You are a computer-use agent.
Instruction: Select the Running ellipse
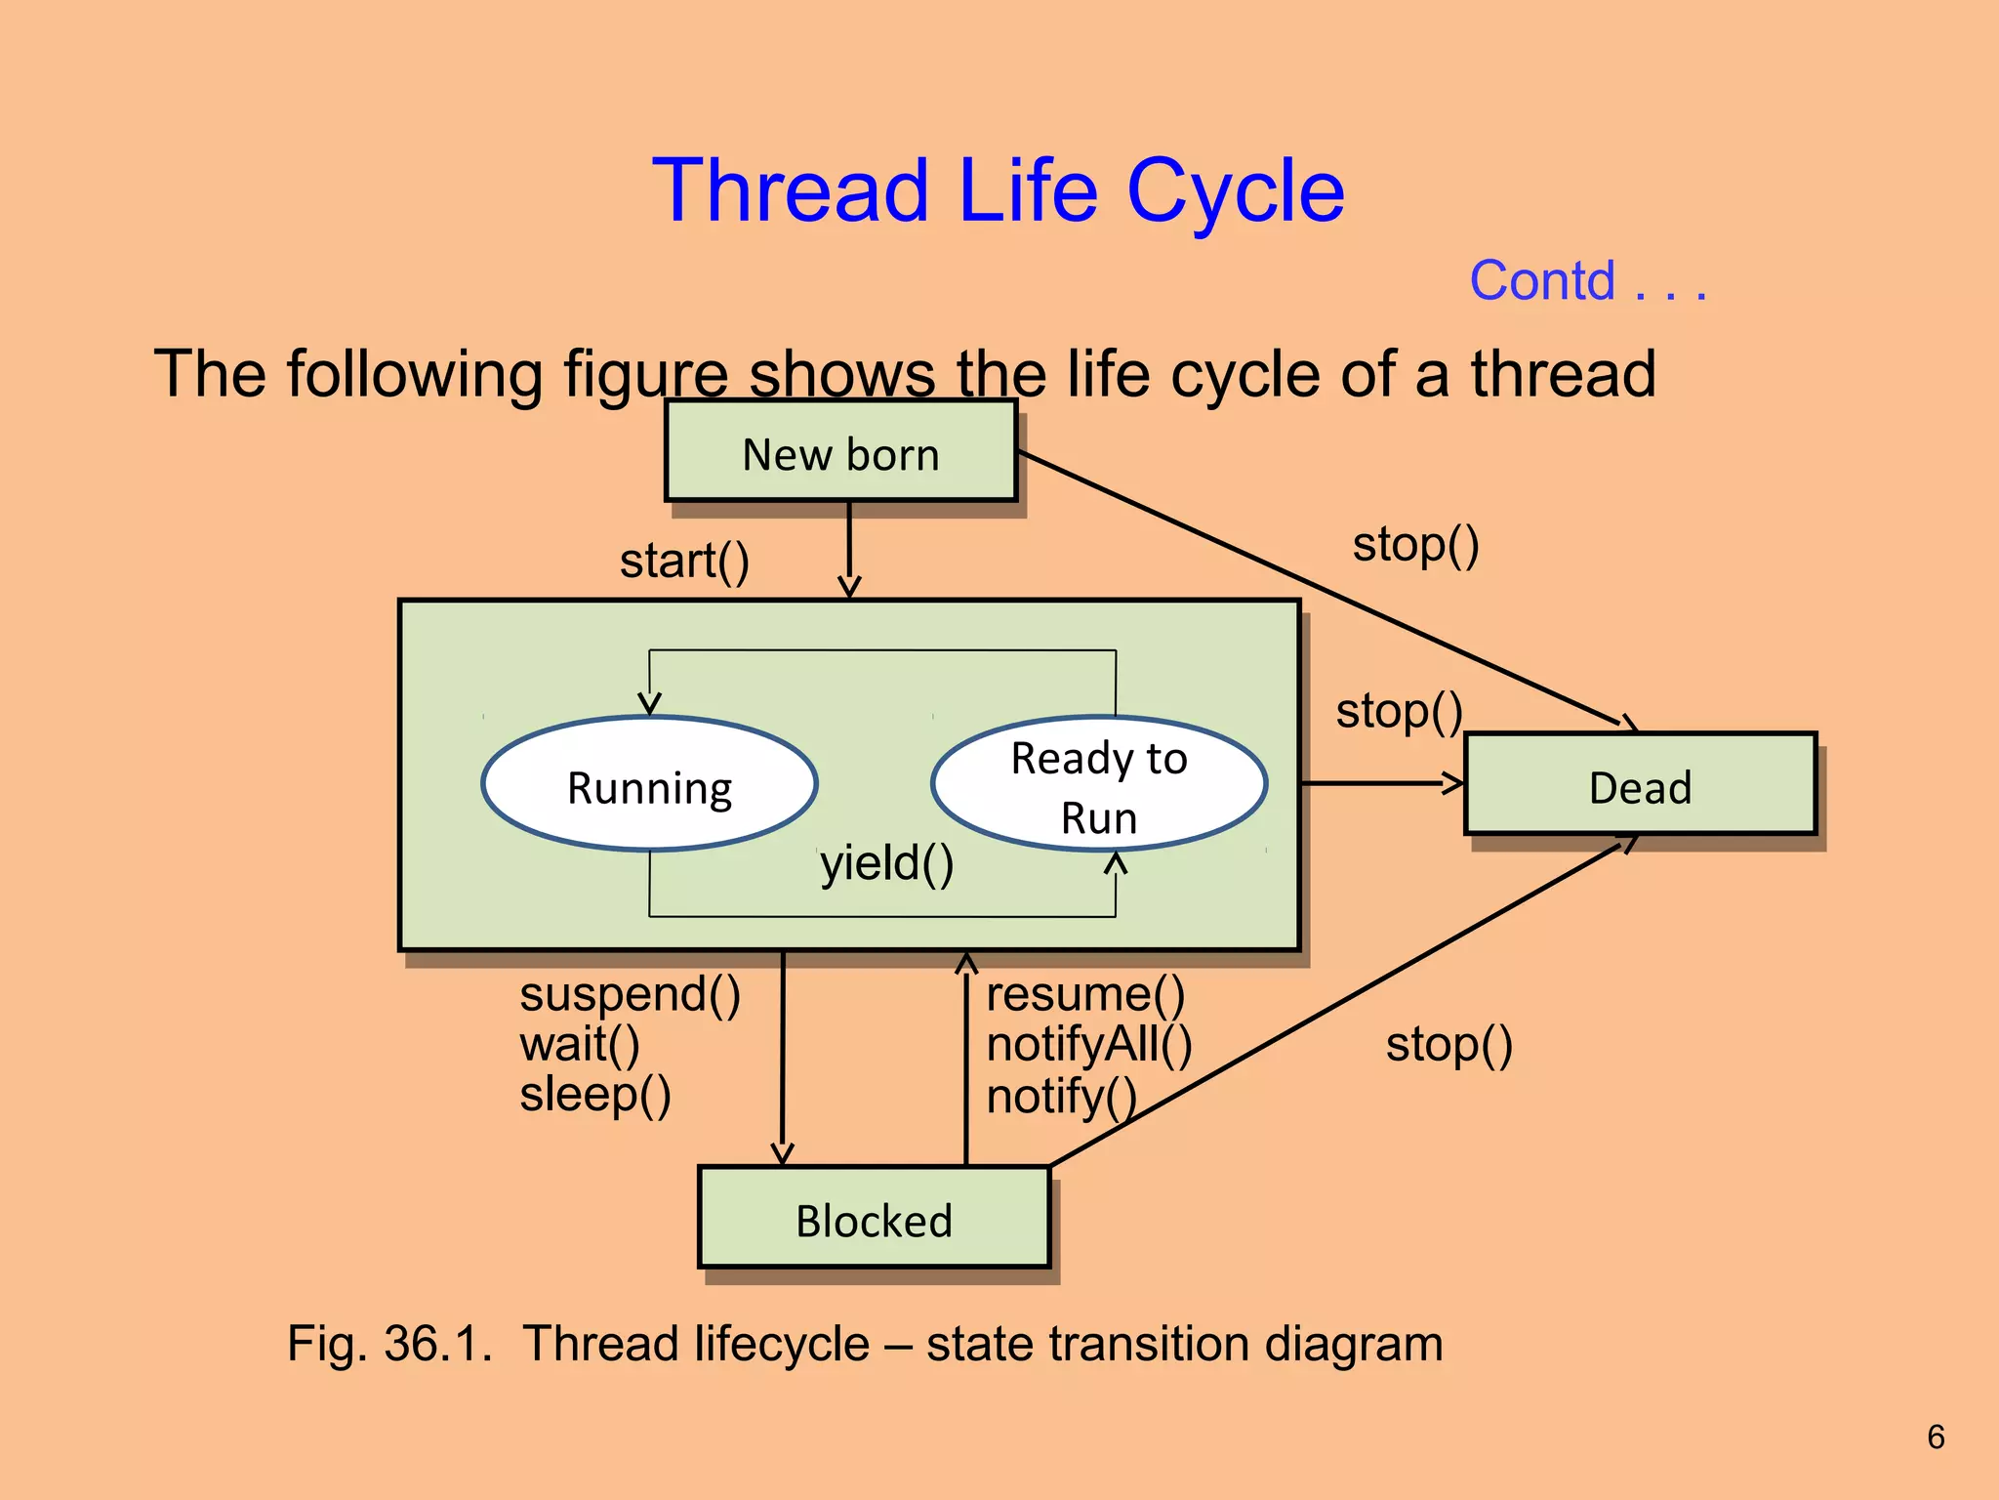coord(649,785)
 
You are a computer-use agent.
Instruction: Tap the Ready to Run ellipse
coord(1099,785)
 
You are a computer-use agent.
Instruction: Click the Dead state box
coord(1640,785)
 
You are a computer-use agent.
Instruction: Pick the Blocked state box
coord(874,1219)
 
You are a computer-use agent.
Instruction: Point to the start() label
coord(684,561)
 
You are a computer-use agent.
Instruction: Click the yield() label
coord(886,863)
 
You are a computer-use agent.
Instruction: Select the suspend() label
coord(630,994)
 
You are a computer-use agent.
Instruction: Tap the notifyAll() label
coord(1089,1045)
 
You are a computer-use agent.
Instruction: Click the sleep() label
coord(595,1094)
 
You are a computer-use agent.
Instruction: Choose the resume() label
coord(1085,994)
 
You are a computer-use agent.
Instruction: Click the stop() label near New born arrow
coord(1415,545)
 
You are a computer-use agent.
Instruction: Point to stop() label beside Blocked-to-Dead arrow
coord(1448,1045)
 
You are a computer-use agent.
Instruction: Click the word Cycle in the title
coord(1235,191)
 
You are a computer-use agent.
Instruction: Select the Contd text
coord(1542,281)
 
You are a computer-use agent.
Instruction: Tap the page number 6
coord(1936,1437)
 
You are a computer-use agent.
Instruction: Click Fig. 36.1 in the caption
coord(389,1343)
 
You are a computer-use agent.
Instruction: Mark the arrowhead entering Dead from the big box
coord(1453,782)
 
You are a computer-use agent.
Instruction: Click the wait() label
coord(580,1045)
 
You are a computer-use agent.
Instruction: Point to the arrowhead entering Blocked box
coord(782,1154)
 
